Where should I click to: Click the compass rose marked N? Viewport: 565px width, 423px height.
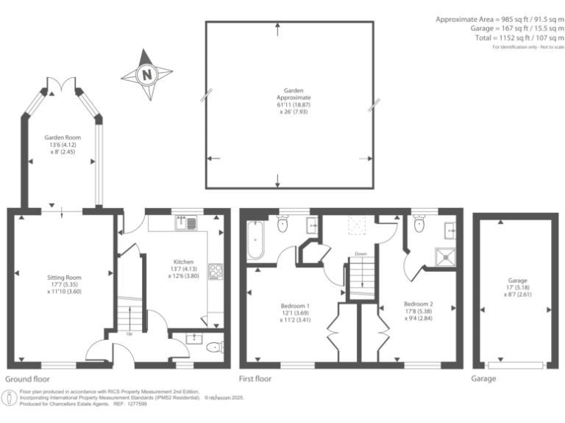pos(147,74)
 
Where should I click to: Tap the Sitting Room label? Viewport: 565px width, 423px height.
pos(64,283)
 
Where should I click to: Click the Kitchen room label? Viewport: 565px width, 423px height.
pos(183,268)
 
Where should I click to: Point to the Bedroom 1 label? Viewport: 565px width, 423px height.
pos(295,311)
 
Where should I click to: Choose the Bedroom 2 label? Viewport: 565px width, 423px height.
pos(418,309)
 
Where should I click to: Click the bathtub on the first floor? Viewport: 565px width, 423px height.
pos(255,240)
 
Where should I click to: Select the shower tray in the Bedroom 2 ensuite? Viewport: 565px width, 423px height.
pos(444,255)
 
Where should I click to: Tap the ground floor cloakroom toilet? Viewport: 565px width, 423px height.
pos(213,347)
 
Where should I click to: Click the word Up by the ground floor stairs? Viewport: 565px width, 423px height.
pos(130,333)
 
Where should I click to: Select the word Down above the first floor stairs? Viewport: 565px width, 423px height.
pos(360,254)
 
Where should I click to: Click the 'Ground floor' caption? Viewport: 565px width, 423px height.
pos(29,379)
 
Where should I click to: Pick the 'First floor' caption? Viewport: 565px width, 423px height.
pos(255,379)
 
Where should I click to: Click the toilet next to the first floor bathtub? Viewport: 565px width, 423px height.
pos(283,226)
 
